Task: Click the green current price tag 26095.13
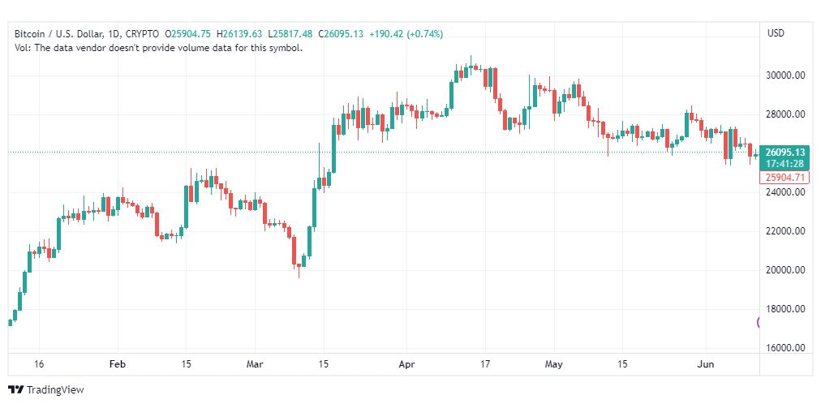784,153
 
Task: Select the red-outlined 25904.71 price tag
784,177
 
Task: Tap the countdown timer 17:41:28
784,164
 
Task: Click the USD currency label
776,33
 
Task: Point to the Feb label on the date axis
118,364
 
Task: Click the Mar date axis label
255,364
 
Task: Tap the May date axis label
554,364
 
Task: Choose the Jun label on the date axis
707,364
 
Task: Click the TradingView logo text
54,390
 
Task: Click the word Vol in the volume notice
22,48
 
